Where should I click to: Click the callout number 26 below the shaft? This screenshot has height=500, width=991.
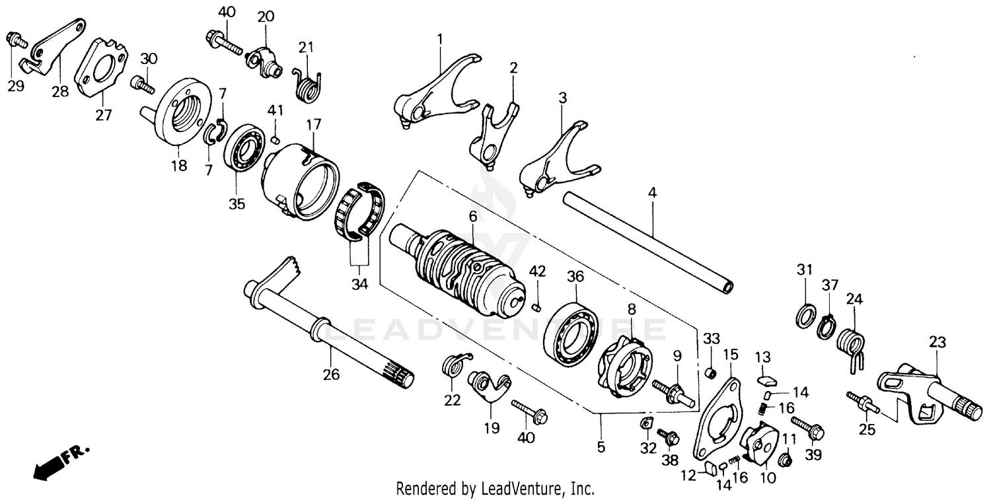tap(331, 375)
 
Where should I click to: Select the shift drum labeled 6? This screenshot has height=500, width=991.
tap(462, 271)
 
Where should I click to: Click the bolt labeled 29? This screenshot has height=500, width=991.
tap(16, 40)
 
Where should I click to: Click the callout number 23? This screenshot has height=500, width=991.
tap(937, 342)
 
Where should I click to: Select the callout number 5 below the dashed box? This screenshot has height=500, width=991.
tap(601, 446)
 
